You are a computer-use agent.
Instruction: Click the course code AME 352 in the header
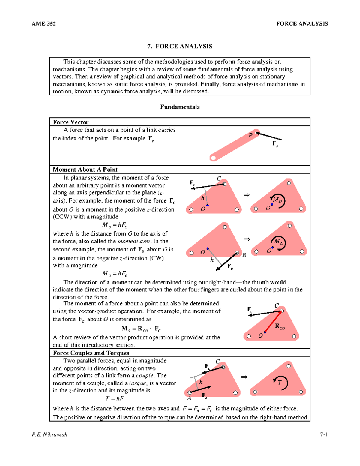(x=44, y=24)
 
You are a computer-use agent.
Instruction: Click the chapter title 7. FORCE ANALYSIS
(x=180, y=46)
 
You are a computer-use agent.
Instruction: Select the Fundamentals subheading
(x=180, y=107)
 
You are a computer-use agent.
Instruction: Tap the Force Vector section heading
(x=71, y=122)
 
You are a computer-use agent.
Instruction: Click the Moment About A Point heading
(x=85, y=170)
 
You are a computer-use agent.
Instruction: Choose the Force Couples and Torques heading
(x=91, y=353)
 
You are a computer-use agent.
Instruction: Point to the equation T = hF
(x=115, y=398)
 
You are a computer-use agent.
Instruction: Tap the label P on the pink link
(x=250, y=135)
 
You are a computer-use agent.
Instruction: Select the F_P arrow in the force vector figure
(x=269, y=136)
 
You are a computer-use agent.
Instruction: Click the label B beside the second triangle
(x=244, y=255)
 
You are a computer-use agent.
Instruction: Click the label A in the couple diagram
(x=189, y=398)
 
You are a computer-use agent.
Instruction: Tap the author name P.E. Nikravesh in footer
(x=49, y=434)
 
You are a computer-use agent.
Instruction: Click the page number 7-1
(x=324, y=434)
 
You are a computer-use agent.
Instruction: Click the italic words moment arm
(x=134, y=241)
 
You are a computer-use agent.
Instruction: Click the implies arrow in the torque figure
(x=244, y=377)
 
